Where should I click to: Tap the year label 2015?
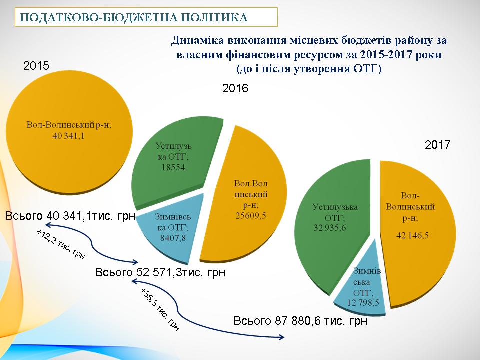pos(36,66)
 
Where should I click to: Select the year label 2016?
pos(235,89)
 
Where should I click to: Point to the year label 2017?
pos(438,145)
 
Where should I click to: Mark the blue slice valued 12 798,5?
pos(361,285)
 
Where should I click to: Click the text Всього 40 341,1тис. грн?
pos(70,216)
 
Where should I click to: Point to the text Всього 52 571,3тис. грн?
pos(160,273)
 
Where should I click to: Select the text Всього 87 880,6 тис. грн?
pos(301,321)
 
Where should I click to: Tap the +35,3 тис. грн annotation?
pos(159,310)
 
